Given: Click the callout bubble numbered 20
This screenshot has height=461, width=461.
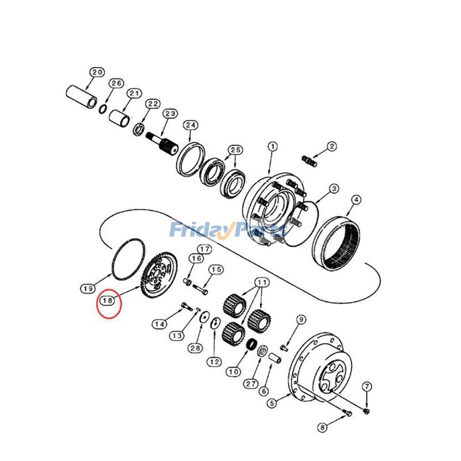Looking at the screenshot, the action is [97, 73].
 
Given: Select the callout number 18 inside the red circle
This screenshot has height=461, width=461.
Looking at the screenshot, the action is [108, 300].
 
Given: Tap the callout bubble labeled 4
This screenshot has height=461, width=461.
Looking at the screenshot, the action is [356, 200].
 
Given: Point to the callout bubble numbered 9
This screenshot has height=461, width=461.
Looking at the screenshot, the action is [301, 319].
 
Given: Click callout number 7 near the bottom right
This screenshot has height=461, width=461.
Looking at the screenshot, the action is [367, 387].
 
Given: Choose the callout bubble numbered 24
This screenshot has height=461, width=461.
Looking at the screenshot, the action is [191, 125].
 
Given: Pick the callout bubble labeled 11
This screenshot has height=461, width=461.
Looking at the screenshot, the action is [262, 283].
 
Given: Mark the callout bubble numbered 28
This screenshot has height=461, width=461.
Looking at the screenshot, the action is [195, 349].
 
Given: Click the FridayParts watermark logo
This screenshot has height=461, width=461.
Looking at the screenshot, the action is [228, 229].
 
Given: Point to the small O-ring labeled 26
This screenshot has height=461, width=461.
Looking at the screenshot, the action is [103, 109].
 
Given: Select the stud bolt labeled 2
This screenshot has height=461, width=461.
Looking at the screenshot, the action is [309, 161].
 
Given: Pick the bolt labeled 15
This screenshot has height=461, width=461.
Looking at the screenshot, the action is [201, 289].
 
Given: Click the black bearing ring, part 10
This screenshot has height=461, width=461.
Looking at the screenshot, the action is [251, 345].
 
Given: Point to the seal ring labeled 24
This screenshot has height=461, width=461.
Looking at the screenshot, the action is [191, 160].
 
